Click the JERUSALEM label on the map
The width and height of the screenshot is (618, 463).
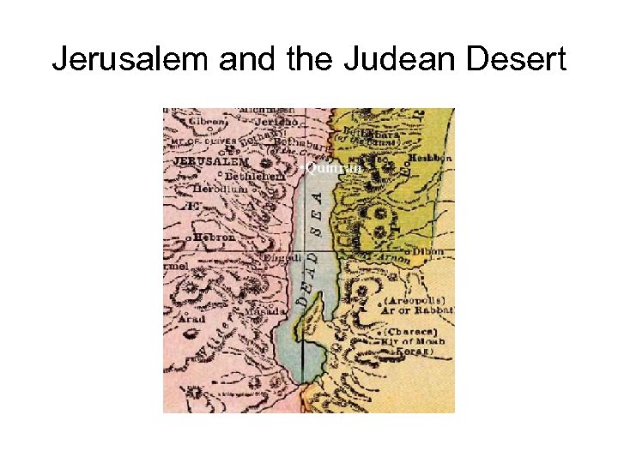point(211,161)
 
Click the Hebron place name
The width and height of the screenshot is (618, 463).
point(215,237)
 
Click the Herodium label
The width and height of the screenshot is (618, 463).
point(221,188)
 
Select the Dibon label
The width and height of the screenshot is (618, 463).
point(427,251)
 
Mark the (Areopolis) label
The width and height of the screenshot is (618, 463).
point(411,302)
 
